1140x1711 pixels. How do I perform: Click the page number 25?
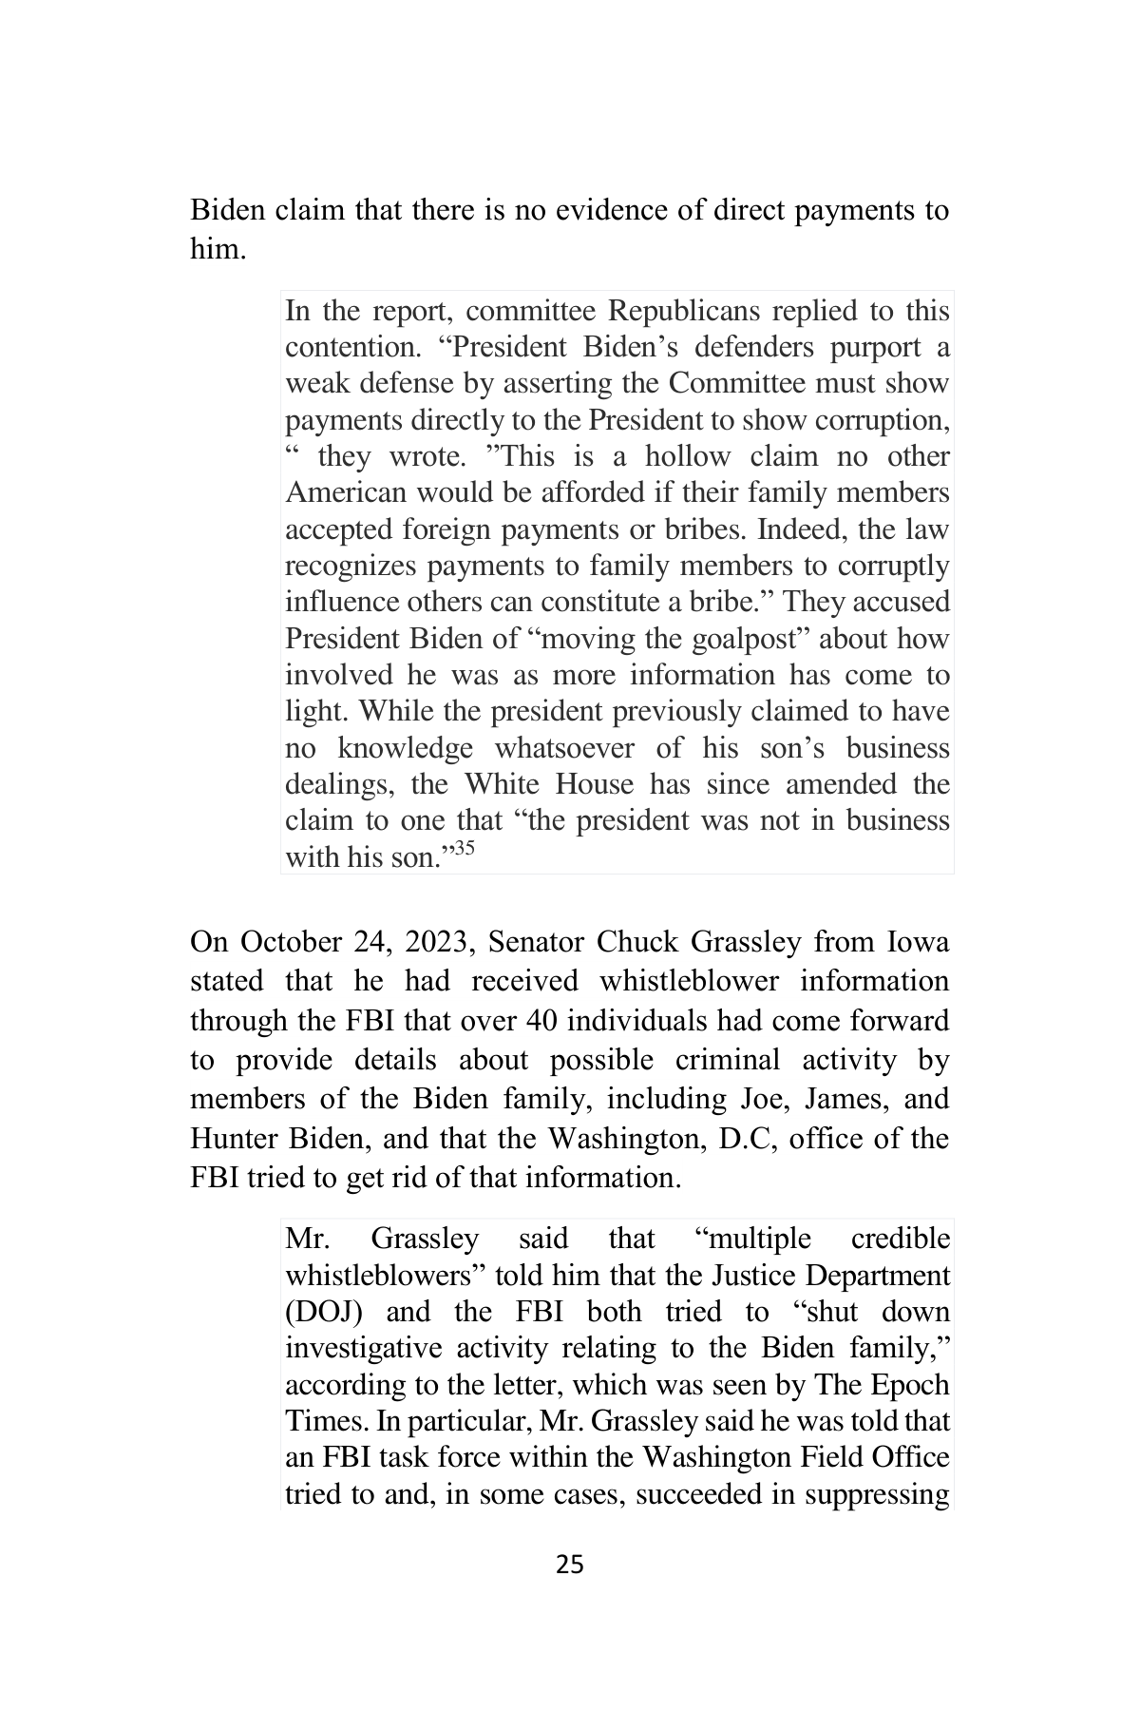[x=569, y=1564]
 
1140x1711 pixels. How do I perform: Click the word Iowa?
[x=917, y=942]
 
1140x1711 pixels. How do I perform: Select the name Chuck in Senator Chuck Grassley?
[x=631, y=942]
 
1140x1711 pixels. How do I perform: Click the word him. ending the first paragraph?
[x=218, y=249]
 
